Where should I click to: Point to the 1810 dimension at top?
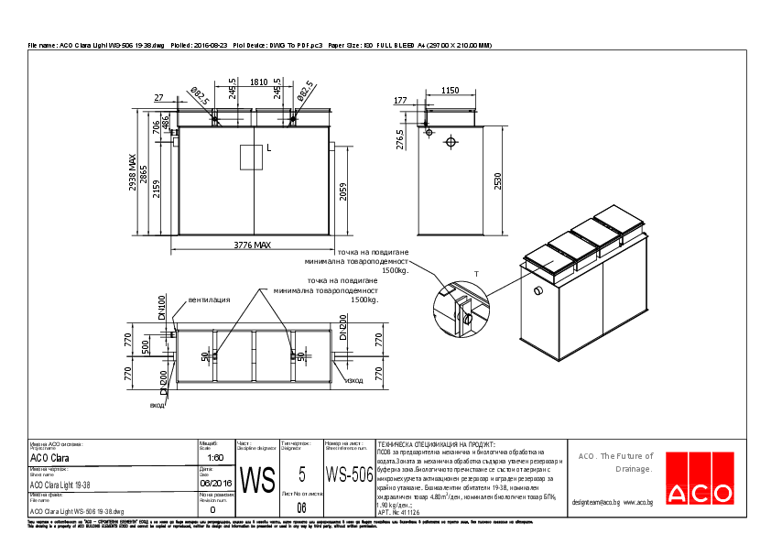pyautogui.click(x=258, y=82)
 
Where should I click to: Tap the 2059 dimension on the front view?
pyautogui.click(x=342, y=191)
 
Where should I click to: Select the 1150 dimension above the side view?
pyautogui.click(x=450, y=92)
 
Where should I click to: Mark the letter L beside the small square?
pyautogui.click(x=269, y=147)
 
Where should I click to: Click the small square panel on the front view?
pyautogui.click(x=251, y=158)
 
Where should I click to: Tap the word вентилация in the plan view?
pyautogui.click(x=208, y=300)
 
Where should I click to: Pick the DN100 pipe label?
pyautogui.click(x=162, y=308)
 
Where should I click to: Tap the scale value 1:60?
pyautogui.click(x=216, y=457)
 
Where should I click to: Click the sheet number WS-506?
pyautogui.click(x=349, y=474)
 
